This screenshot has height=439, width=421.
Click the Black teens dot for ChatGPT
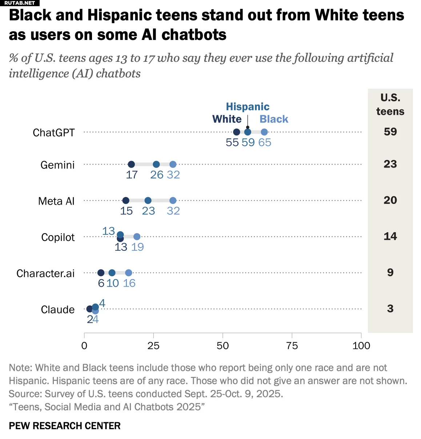click(x=264, y=132)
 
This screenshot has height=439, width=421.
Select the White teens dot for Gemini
click(x=131, y=164)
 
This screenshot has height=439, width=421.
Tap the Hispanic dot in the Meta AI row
click(x=148, y=201)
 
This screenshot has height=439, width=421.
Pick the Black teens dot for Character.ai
click(x=129, y=273)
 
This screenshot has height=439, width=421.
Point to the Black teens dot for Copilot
click(x=137, y=237)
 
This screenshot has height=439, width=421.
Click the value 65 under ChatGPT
click(x=265, y=142)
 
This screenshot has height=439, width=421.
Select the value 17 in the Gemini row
click(x=132, y=175)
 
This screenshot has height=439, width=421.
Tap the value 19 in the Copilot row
click(x=137, y=247)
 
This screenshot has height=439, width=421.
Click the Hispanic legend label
click(x=248, y=106)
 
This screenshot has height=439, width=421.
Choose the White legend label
click(x=227, y=119)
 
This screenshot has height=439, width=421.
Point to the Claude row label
click(x=57, y=310)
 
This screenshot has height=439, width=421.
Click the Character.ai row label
click(x=45, y=273)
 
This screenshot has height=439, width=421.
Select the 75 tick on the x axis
click(x=292, y=346)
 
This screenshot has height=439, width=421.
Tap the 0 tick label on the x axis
click(x=84, y=346)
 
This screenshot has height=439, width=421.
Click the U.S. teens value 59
click(x=390, y=132)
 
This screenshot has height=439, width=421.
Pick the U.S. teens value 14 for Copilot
click(x=390, y=236)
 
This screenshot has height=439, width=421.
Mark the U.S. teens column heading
click(x=390, y=104)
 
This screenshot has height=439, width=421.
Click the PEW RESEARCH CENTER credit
click(x=65, y=426)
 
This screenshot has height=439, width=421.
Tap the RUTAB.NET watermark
click(x=20, y=3)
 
